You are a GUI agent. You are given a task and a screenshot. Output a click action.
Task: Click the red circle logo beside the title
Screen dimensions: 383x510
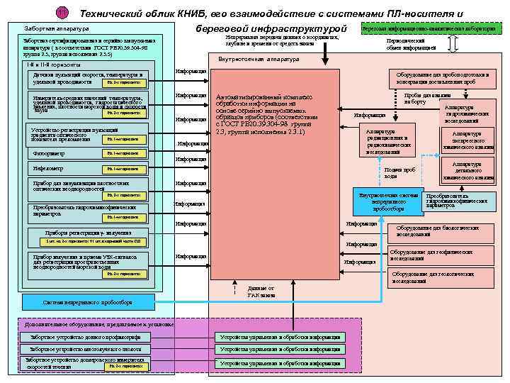pos(63,13)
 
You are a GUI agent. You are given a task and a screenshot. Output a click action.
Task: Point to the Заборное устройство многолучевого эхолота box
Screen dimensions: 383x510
pos(86,349)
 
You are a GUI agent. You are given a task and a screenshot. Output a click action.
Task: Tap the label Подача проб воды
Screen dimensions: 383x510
pos(395,172)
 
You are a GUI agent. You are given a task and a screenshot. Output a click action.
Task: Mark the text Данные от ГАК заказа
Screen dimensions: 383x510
pos(261,290)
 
